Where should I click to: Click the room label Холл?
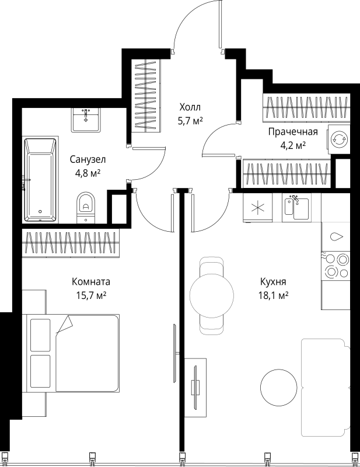click(189, 107)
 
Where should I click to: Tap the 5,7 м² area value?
click(190, 121)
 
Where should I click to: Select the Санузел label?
click(88, 159)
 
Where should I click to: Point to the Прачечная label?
click(292, 131)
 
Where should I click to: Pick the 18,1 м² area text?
click(274, 295)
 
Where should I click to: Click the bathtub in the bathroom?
click(40, 180)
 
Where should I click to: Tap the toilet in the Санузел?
click(86, 205)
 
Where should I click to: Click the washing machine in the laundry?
click(337, 140)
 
